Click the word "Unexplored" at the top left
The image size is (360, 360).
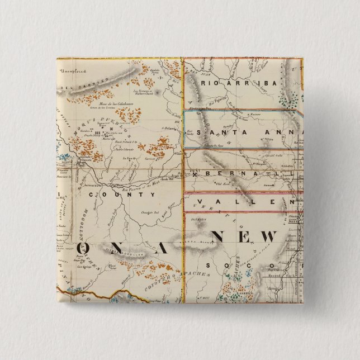pyautogui.click(x=75, y=72)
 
